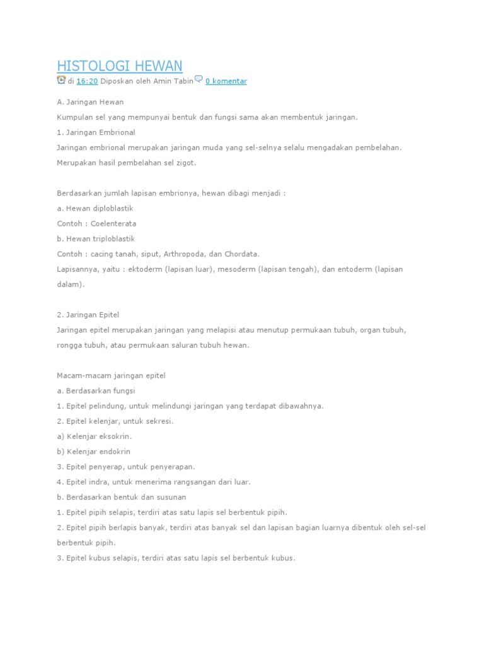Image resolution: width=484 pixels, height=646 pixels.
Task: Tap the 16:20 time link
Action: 87,81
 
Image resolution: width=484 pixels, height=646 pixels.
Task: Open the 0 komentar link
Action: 226,81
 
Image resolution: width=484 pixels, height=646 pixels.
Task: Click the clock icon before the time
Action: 61,80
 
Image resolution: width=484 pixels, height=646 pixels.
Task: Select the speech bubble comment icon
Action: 199,79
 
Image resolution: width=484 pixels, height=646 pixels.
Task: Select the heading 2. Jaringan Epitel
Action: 88,314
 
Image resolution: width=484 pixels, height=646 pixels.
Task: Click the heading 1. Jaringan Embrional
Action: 96,132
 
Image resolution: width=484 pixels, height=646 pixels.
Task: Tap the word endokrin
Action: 113,452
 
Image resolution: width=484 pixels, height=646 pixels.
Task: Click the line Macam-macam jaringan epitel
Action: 111,375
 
